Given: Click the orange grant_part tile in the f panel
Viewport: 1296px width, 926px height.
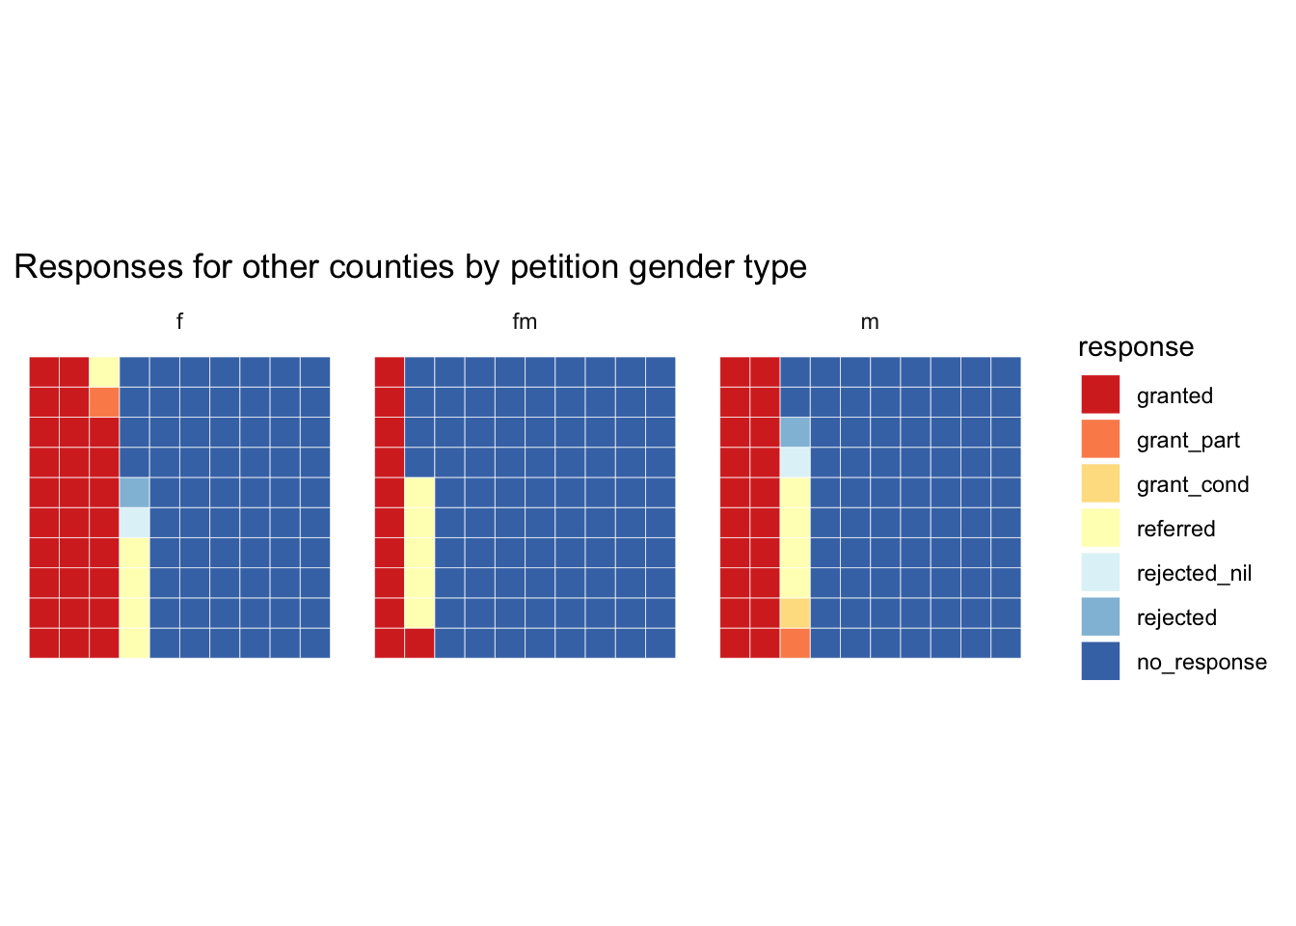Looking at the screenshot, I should pyautogui.click(x=104, y=402).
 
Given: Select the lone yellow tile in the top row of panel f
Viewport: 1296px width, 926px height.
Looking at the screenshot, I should pyautogui.click(x=104, y=371).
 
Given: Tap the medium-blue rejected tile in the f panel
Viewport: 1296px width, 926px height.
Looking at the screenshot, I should pyautogui.click(x=134, y=492).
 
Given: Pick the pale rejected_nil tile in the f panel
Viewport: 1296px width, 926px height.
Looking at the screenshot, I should pyautogui.click(x=134, y=523).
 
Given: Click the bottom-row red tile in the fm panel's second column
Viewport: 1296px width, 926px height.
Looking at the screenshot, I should pyautogui.click(x=419, y=643).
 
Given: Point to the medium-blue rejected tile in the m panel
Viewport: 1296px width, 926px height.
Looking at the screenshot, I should pyautogui.click(x=795, y=432).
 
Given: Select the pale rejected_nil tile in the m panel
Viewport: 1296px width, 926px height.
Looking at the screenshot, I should pyautogui.click(x=795, y=462).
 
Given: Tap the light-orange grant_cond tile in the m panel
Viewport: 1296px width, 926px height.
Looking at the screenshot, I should pyautogui.click(x=795, y=613).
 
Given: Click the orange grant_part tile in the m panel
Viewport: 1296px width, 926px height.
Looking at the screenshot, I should pyautogui.click(x=795, y=643).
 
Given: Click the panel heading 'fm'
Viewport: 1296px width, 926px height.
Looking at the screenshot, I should pyautogui.click(x=525, y=322).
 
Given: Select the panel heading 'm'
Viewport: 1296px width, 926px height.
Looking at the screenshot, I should pyautogui.click(x=870, y=322).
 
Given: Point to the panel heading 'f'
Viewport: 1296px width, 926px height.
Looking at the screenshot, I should pyautogui.click(x=179, y=322).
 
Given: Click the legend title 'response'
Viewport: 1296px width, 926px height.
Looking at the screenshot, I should pyautogui.click(x=1136, y=347).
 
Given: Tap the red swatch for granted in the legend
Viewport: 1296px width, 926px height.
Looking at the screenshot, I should pyautogui.click(x=1100, y=395).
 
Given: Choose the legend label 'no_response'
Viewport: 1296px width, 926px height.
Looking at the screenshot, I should pyautogui.click(x=1201, y=663).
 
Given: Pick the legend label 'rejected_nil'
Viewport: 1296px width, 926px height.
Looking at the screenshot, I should pyautogui.click(x=1194, y=574).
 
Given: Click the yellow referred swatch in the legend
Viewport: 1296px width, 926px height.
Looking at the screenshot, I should pyautogui.click(x=1100, y=528).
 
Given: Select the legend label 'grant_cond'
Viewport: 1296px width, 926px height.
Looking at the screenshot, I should pyautogui.click(x=1193, y=485).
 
